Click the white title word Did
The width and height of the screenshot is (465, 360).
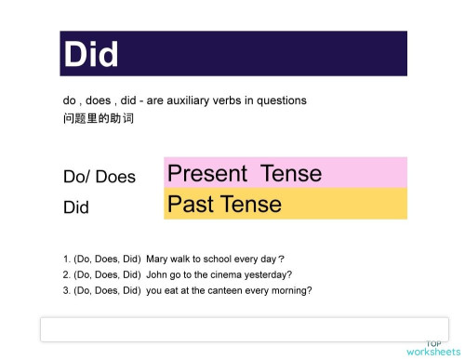click(91, 54)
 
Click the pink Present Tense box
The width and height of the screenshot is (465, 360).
click(285, 173)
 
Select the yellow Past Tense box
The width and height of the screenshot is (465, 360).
click(285, 204)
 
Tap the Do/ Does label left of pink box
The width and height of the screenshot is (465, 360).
click(99, 177)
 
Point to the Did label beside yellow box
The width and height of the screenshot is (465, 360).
click(76, 207)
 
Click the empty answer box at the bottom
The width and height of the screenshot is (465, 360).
click(244, 329)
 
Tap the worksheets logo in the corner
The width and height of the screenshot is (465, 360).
click(432, 350)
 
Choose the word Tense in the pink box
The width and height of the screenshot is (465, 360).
click(291, 173)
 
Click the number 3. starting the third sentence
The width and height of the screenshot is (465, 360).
click(67, 290)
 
